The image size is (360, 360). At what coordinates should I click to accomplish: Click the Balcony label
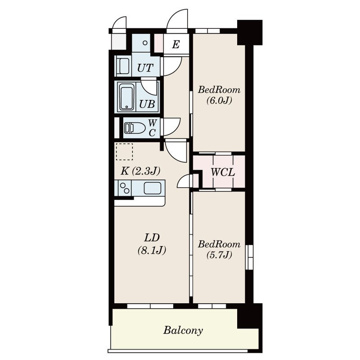183,331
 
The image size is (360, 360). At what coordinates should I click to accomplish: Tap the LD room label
152,238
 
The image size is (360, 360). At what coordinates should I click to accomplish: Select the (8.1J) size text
152,250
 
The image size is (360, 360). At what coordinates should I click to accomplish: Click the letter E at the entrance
175,44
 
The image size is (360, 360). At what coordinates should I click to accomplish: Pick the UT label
145,68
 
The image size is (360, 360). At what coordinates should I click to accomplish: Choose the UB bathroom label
147,104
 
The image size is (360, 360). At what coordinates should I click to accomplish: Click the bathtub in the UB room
127,98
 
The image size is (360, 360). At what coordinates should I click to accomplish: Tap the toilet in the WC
135,128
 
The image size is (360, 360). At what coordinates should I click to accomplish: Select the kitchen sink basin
152,188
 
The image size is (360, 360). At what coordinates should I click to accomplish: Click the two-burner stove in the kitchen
125,188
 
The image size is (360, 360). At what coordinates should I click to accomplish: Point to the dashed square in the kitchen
124,152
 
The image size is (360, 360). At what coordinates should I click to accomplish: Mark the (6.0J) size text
219,100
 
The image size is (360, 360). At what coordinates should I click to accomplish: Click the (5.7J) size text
219,255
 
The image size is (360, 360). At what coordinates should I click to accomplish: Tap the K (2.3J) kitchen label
140,171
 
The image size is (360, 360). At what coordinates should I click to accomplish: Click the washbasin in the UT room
123,66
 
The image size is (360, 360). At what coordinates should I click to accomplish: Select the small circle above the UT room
145,43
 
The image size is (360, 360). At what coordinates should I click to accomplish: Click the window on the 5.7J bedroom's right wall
249,257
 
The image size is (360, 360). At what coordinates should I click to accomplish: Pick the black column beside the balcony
250,316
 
